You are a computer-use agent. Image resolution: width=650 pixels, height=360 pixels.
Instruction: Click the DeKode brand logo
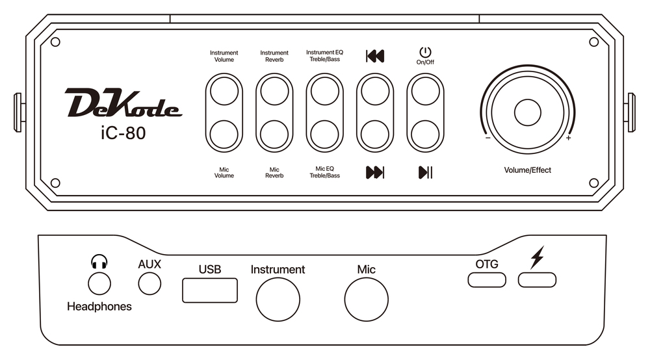pyautogui.click(x=123, y=102)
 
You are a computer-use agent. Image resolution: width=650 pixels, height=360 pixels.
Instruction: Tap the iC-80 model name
pyautogui.click(x=123, y=133)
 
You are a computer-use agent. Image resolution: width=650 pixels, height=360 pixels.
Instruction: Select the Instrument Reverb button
pyautogui.click(x=274, y=91)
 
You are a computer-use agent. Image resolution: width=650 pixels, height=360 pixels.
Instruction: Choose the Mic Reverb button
pyautogui.click(x=274, y=135)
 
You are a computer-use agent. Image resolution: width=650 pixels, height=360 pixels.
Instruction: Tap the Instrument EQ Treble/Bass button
pyautogui.click(x=324, y=91)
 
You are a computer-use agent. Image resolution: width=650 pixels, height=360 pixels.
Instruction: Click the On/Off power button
pyautogui.click(x=425, y=91)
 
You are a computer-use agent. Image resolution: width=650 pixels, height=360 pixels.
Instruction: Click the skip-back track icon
pyautogui.click(x=375, y=56)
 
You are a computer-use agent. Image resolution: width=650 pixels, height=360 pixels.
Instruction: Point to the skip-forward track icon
pyautogui.click(x=375, y=172)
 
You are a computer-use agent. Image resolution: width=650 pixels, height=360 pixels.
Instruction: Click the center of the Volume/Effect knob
pyautogui.click(x=528, y=112)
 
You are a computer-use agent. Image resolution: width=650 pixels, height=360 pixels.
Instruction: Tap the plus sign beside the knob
pyautogui.click(x=568, y=138)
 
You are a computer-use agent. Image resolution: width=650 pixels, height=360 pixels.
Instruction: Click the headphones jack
pyautogui.click(x=99, y=284)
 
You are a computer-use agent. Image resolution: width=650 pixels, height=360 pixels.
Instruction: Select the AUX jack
pyautogui.click(x=149, y=284)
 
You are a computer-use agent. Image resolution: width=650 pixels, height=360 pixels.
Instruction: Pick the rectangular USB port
pyautogui.click(x=210, y=290)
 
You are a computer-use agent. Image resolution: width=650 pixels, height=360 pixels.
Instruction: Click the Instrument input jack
pyautogui.click(x=278, y=300)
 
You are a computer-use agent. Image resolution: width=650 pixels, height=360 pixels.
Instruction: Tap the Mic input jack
pyautogui.click(x=367, y=300)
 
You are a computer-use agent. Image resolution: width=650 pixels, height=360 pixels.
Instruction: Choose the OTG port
pyautogui.click(x=487, y=279)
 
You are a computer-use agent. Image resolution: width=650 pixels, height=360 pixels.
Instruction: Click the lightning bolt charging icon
pyautogui.click(x=538, y=258)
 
